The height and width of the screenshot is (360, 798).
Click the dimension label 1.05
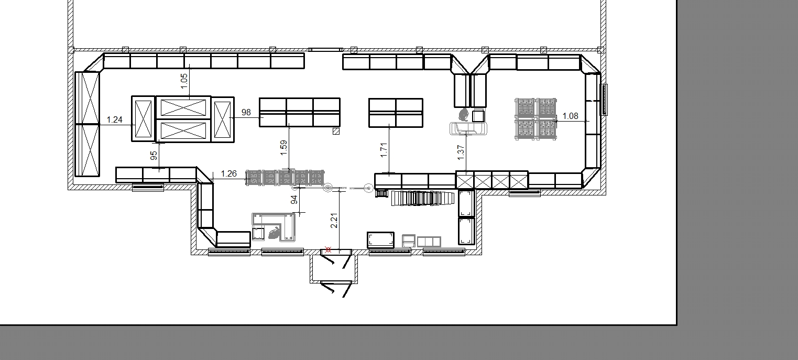pyautogui.click(x=184, y=81)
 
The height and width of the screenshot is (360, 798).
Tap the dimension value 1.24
pyautogui.click(x=114, y=120)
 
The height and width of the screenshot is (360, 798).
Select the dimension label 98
pyautogui.click(x=246, y=112)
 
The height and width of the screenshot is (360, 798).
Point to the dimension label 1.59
pyautogui.click(x=283, y=148)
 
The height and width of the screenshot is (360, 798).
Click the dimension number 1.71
pyautogui.click(x=384, y=150)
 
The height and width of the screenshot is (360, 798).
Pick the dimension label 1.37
pyautogui.click(x=461, y=152)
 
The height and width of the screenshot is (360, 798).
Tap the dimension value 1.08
pyautogui.click(x=570, y=116)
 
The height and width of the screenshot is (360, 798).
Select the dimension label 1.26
pyautogui.click(x=229, y=173)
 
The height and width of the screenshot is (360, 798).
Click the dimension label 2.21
pyautogui.click(x=334, y=221)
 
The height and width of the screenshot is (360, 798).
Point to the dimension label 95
pyautogui.click(x=154, y=156)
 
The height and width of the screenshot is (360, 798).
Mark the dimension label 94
pyautogui.click(x=294, y=200)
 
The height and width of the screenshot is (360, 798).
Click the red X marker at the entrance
pyautogui.click(x=328, y=250)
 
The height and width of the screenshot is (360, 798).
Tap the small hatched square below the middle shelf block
pyautogui.click(x=336, y=131)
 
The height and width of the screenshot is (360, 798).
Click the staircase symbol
pyautogui.click(x=423, y=198)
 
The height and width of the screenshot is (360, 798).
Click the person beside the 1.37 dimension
pyautogui.click(x=464, y=114)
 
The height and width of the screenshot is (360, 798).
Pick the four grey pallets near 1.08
pyautogui.click(x=536, y=119)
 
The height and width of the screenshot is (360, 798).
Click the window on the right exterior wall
pyautogui.click(x=604, y=100)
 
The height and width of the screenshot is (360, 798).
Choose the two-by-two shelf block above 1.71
pyautogui.click(x=396, y=113)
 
